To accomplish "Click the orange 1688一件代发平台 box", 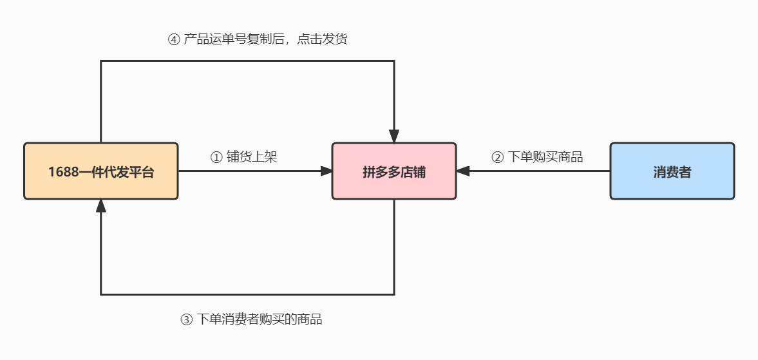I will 101,171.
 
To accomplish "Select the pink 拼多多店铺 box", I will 394,171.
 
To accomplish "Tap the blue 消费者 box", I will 672,171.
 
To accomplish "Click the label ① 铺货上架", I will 244,157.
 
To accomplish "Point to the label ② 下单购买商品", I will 537,157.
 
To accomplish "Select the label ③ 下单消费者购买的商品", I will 251,319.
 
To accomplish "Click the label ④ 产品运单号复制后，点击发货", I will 258,39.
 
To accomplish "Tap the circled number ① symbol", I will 216,157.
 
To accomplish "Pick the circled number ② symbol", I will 497,157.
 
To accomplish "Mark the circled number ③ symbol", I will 186,319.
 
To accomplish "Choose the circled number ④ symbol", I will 173,39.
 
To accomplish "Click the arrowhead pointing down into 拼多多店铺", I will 394,137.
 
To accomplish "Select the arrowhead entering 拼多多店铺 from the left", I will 326,171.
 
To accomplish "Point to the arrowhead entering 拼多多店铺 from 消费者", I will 463,171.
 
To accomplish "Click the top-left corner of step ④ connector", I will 101,61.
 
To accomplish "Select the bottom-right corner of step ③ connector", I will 394,294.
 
